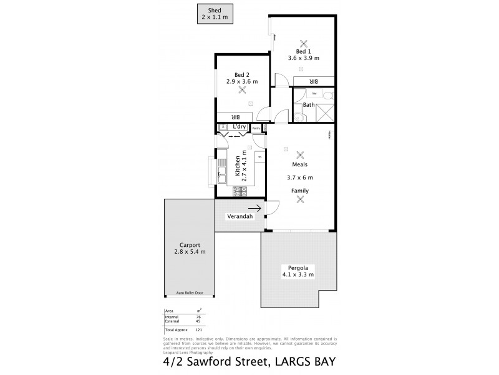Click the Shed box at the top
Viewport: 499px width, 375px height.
click(x=214, y=14)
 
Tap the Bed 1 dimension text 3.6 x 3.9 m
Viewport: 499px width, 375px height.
click(x=303, y=58)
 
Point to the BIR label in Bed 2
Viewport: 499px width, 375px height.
click(x=235, y=116)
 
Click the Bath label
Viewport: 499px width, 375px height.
click(x=309, y=105)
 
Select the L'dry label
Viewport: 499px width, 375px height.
click(x=238, y=127)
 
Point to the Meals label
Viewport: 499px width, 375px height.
click(x=301, y=166)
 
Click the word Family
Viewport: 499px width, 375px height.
click(x=300, y=190)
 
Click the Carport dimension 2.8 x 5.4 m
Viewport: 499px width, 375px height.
click(x=190, y=251)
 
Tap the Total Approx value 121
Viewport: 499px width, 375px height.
click(x=198, y=329)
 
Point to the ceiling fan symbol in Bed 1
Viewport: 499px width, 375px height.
click(x=304, y=43)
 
